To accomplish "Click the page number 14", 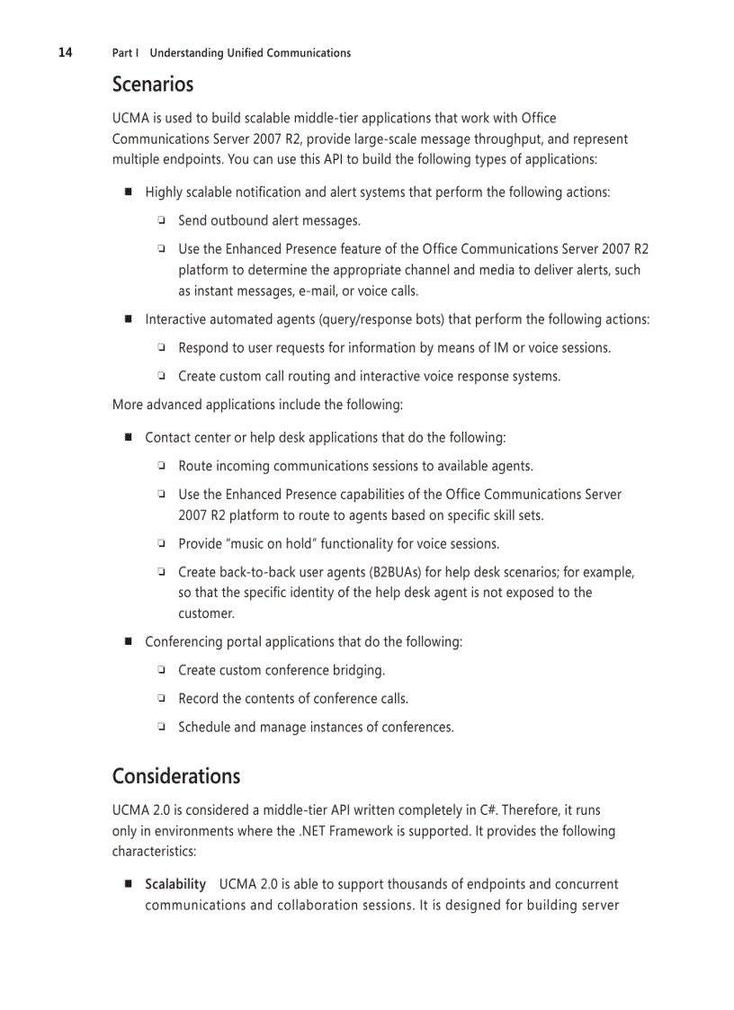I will [66, 52].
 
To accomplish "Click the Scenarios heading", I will [152, 85].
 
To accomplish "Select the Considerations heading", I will [175, 776].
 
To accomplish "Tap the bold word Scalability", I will [175, 884].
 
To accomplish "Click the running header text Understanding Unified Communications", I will [250, 53].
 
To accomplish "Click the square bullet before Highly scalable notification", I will [128, 192].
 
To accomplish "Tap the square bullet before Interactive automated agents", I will [128, 318].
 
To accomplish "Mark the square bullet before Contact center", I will [128, 437].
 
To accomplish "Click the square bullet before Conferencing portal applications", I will [128, 641].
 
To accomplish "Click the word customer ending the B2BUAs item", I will [205, 613].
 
